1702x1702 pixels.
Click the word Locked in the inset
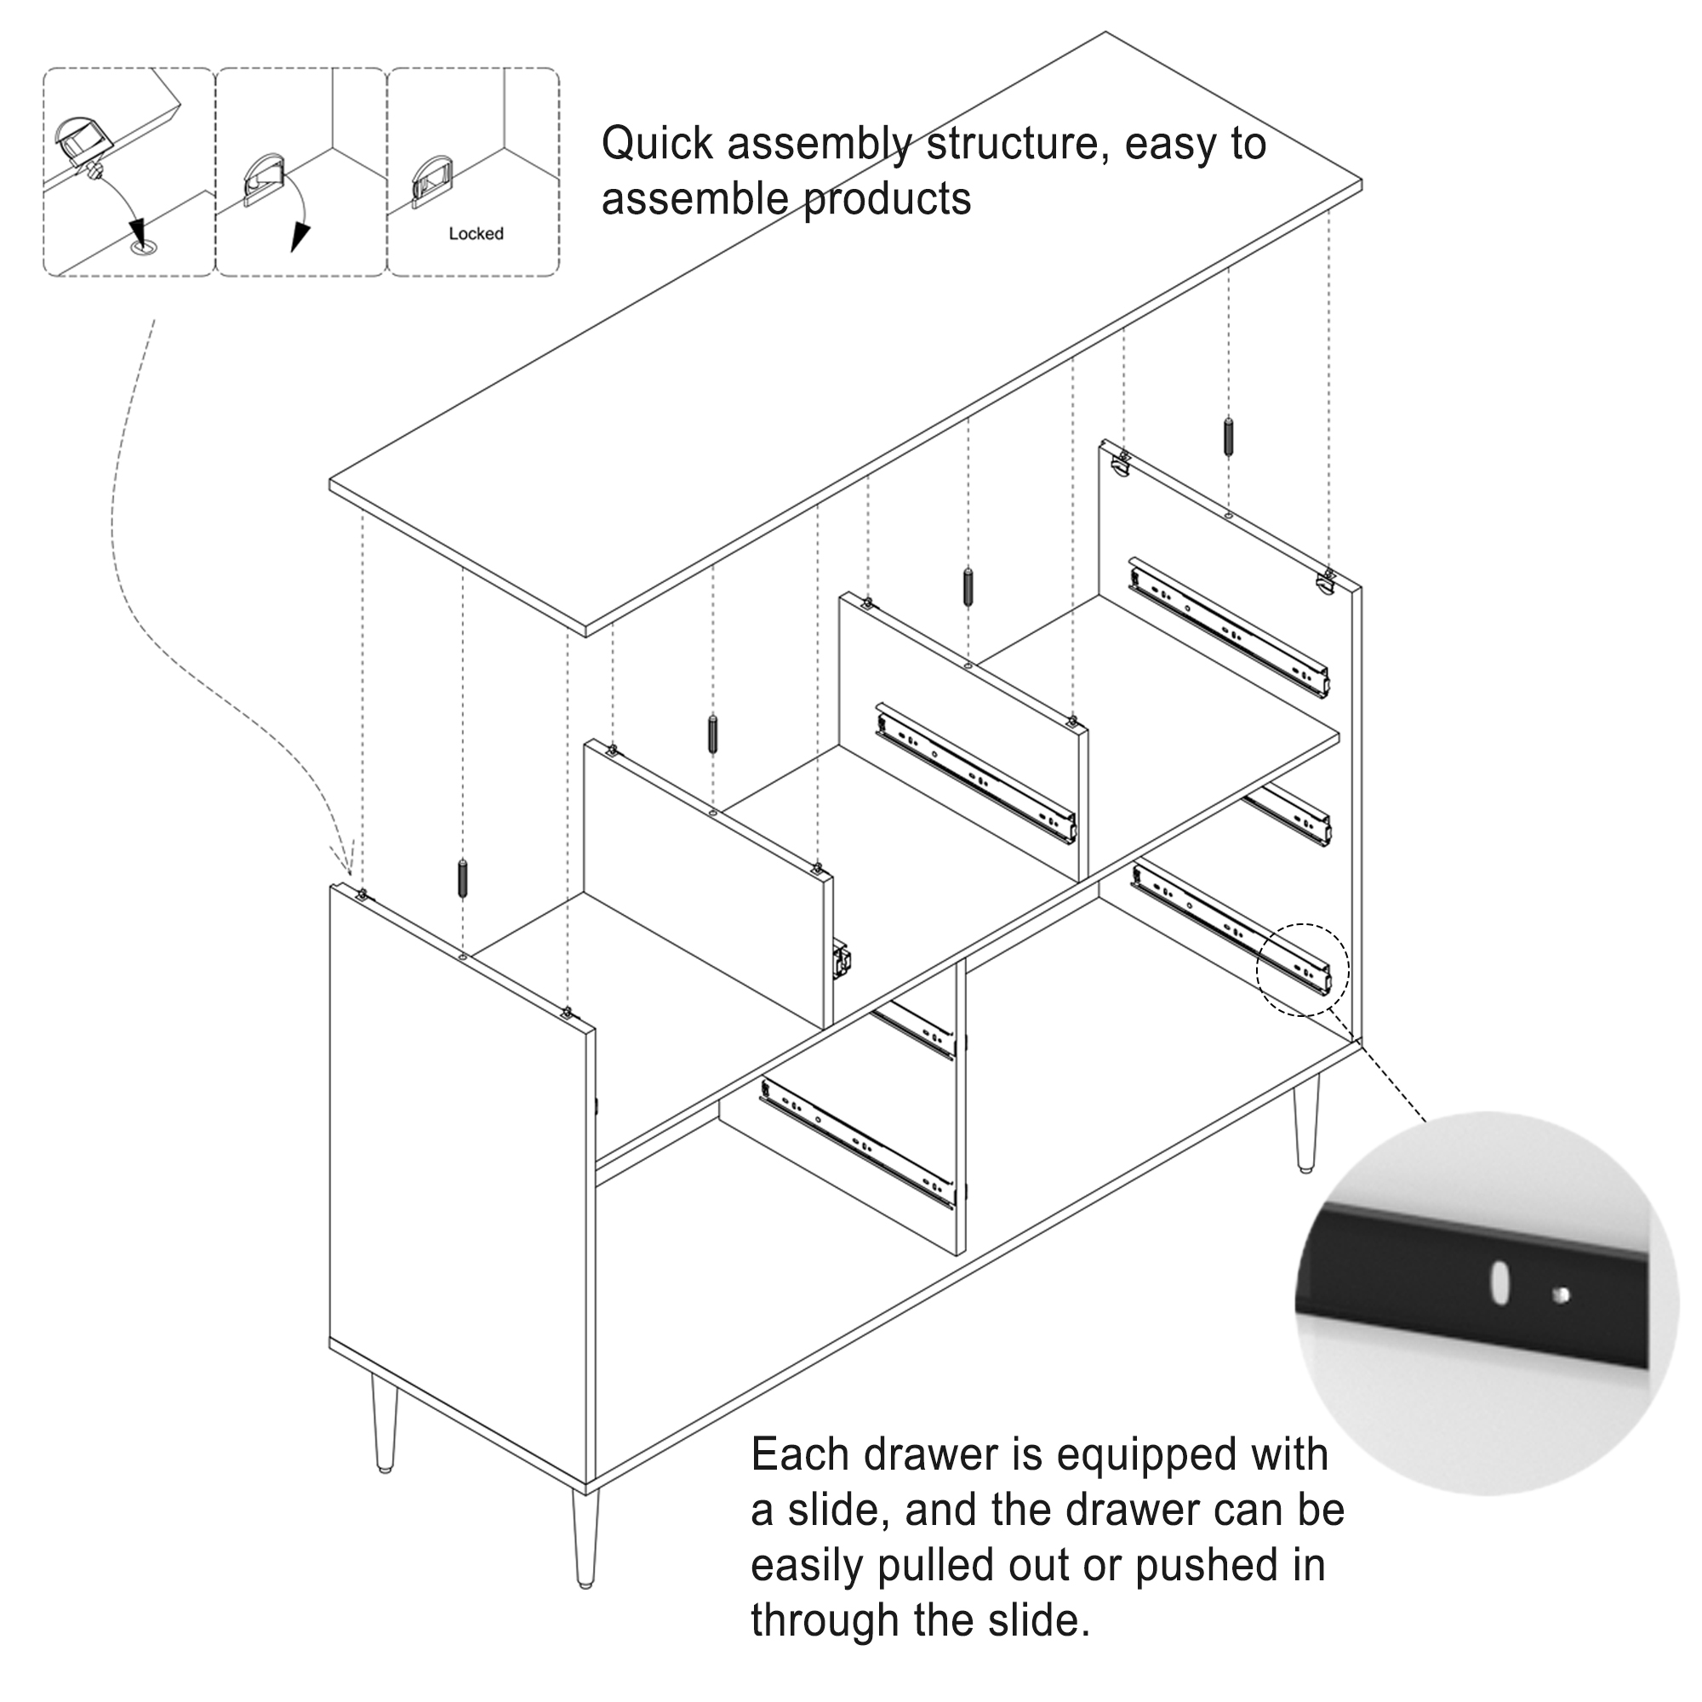pyautogui.click(x=476, y=233)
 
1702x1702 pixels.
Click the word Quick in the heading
pyautogui.click(x=657, y=143)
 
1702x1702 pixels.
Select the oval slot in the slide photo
pyautogui.click(x=1499, y=1310)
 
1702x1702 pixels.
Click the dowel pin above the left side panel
pyautogui.click(x=462, y=877)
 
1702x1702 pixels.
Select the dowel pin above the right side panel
pyautogui.click(x=1228, y=436)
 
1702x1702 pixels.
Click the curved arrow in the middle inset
pyautogui.click(x=302, y=220)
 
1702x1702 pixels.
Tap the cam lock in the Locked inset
pyautogui.click(x=431, y=181)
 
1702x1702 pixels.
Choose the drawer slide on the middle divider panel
pyautogui.click(x=976, y=774)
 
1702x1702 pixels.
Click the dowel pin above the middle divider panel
pyautogui.click(x=968, y=586)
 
